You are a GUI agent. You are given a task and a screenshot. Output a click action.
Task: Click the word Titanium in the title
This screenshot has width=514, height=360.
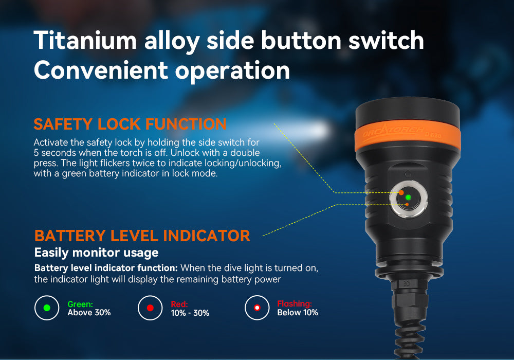click(x=85, y=40)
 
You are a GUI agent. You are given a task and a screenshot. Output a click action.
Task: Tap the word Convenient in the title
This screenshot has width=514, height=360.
click(x=101, y=70)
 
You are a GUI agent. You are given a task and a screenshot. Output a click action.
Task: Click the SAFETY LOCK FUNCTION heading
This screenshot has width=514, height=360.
click(x=130, y=124)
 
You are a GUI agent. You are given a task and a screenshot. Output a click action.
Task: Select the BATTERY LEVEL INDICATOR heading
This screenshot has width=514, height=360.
click(x=142, y=236)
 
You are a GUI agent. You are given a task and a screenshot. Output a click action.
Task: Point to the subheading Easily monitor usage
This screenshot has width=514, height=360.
click(x=97, y=253)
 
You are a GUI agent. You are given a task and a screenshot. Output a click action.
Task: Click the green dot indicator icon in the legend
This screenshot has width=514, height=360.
click(x=47, y=308)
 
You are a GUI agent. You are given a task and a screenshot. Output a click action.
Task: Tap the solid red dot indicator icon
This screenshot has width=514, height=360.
click(x=150, y=308)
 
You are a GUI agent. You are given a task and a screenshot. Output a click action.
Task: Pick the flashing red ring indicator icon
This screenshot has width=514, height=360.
click(x=257, y=308)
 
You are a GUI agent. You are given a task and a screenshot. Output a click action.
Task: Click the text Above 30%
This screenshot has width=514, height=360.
click(x=89, y=313)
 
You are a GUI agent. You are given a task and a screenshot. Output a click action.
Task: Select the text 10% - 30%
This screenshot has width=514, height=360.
click(x=190, y=313)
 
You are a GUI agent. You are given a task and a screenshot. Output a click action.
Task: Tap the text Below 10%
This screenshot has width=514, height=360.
click(x=298, y=313)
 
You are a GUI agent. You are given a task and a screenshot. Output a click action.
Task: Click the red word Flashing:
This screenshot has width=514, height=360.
click(x=295, y=304)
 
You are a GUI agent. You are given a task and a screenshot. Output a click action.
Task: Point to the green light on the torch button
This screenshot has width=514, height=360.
click(x=408, y=197)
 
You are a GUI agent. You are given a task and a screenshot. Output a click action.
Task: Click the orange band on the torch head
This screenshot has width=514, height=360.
click(x=408, y=137)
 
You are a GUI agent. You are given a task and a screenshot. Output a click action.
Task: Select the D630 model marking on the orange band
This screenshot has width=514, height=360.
click(x=433, y=134)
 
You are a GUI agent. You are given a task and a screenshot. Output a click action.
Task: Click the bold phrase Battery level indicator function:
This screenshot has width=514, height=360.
click(x=106, y=268)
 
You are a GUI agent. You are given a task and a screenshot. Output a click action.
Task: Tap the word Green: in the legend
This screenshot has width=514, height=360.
click(x=80, y=304)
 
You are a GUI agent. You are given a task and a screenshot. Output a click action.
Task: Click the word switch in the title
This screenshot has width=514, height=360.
click(x=386, y=40)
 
